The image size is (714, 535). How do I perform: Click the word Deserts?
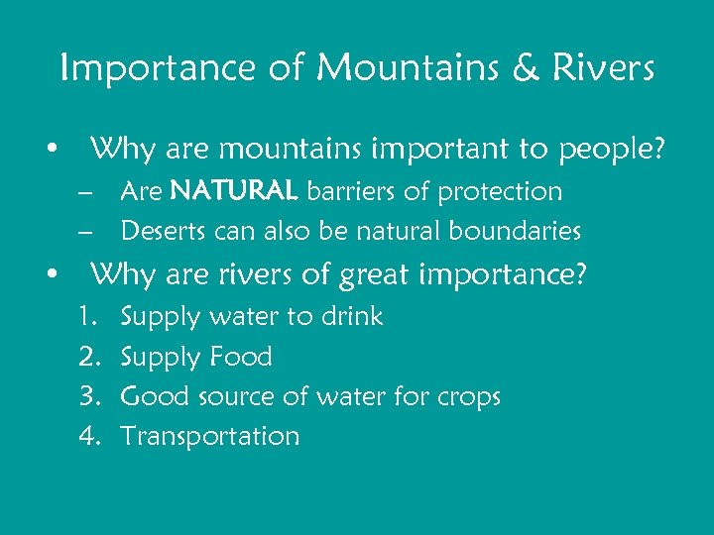[160, 232]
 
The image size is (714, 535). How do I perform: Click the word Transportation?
[209, 436]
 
